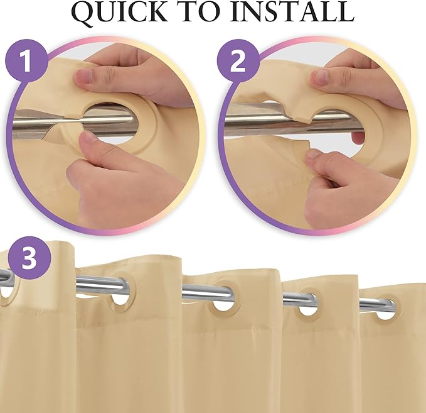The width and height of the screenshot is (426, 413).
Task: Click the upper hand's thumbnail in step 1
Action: coord(85,77)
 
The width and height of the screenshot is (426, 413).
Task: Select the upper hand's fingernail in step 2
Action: coord(320,77)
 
